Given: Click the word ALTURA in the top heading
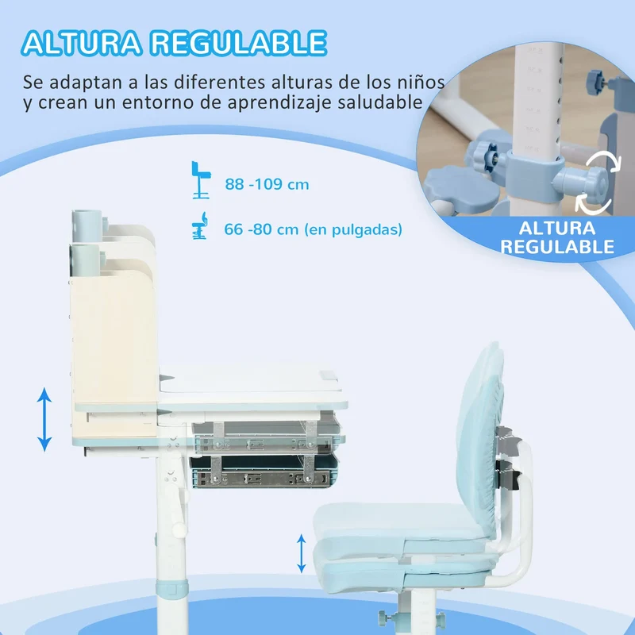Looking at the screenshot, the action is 82,43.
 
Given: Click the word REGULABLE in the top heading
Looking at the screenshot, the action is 239,43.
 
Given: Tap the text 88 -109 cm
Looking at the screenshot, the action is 267,184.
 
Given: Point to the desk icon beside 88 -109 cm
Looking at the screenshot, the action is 201,180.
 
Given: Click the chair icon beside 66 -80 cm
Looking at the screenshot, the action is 200,225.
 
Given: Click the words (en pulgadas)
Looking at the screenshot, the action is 353,229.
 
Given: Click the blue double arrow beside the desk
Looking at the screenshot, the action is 44,420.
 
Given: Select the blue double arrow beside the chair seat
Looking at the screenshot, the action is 302,553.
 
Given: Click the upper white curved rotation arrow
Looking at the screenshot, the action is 603,163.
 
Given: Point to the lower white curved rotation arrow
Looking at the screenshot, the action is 594,203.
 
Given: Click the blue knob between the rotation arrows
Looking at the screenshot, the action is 583,185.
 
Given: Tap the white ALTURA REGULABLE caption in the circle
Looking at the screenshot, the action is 557,237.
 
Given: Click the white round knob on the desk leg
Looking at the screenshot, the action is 179,529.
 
